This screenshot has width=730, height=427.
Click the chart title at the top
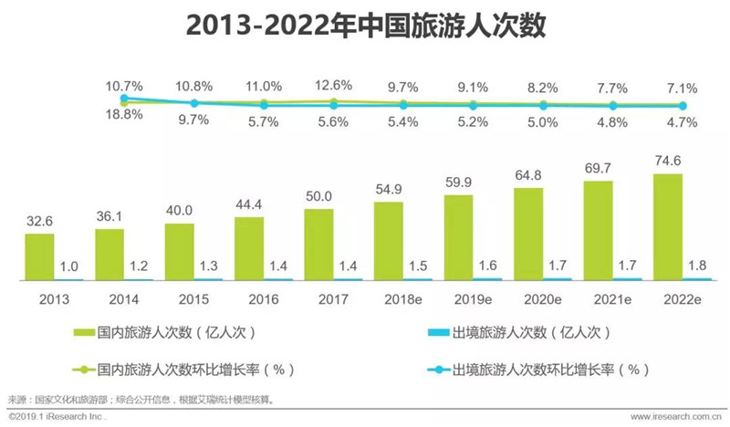(366, 26)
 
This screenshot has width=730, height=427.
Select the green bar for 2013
(39, 257)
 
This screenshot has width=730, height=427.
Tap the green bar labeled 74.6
(668, 227)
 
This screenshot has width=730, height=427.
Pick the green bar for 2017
(318, 245)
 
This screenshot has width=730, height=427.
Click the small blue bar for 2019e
(487, 279)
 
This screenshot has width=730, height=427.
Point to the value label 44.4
(248, 204)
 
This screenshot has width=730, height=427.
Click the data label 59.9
(459, 182)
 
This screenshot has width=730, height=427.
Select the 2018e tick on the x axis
(403, 299)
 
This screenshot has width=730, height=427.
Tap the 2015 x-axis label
(193, 299)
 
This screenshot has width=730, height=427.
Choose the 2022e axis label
(683, 299)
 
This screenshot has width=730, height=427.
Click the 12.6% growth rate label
(333, 85)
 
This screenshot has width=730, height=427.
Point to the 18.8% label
(124, 114)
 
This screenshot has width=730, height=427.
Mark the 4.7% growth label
(682, 122)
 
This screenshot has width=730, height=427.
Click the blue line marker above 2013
(124, 99)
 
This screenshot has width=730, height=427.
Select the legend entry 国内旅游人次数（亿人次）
(165, 332)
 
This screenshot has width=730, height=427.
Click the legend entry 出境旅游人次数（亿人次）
(519, 332)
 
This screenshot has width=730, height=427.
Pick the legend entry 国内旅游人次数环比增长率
(184, 370)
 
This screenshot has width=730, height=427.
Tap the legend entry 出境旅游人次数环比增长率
(539, 370)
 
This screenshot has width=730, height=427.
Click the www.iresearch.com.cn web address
(676, 416)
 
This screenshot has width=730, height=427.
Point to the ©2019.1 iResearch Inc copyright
(57, 416)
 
